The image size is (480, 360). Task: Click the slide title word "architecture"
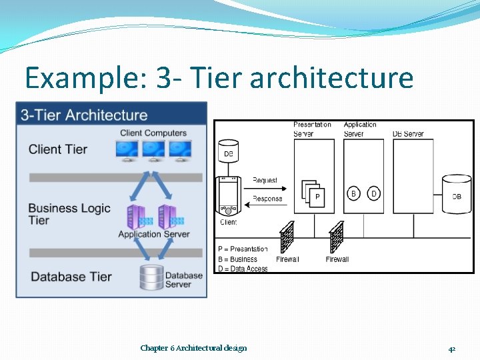tap(331, 79)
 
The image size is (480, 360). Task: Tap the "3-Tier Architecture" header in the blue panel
tap(84, 115)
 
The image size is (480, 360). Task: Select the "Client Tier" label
tap(58, 149)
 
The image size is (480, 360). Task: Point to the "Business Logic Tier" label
tap(69, 213)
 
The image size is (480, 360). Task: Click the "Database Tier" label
tap(71, 276)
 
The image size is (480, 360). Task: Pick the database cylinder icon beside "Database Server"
tap(151, 277)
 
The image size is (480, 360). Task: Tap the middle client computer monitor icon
tap(153, 150)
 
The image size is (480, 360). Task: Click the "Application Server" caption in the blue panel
tap(153, 234)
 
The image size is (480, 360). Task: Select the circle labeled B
tap(354, 194)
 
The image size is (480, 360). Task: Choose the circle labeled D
tap(373, 194)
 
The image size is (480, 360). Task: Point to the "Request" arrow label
tap(265, 180)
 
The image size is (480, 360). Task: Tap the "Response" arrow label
tap(267, 198)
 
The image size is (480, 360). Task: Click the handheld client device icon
tap(228, 197)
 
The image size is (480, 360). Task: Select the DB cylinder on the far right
tap(457, 196)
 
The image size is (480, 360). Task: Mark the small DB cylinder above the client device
tap(229, 153)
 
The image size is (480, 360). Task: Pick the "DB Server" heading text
tap(408, 134)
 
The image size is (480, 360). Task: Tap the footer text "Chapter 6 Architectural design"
tap(193, 348)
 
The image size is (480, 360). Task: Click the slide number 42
tap(451, 349)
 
